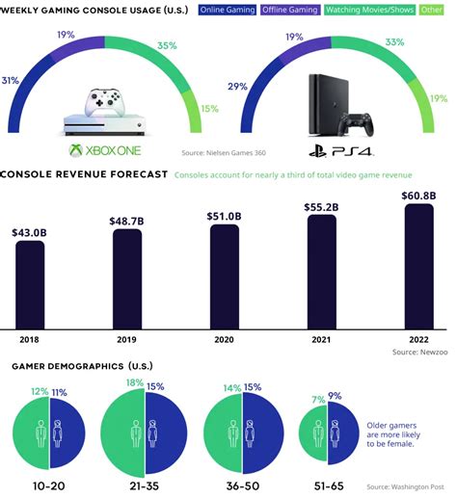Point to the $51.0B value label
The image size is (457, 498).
(x=224, y=217)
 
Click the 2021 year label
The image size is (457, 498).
(x=321, y=340)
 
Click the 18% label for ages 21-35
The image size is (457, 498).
(x=129, y=383)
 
